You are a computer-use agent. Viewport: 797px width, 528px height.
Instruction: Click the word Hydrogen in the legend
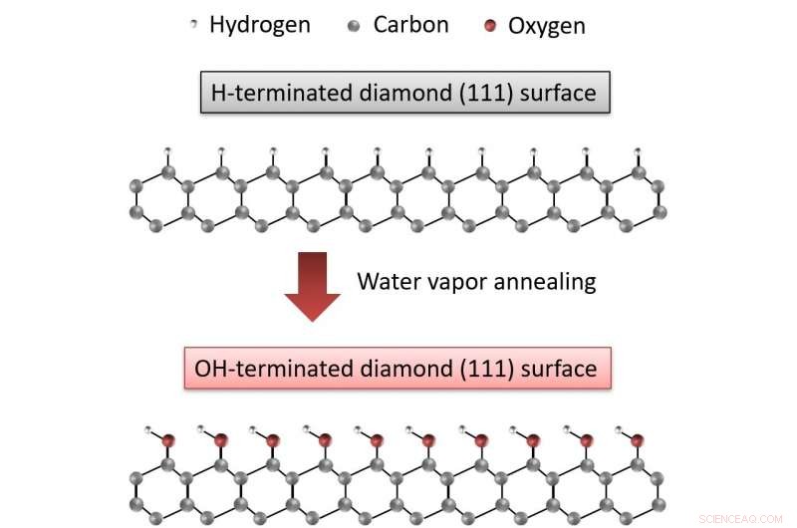click(x=259, y=25)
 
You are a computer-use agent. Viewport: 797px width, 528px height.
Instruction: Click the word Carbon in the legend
click(x=411, y=25)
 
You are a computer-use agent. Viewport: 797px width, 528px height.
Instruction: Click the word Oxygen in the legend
click(x=546, y=26)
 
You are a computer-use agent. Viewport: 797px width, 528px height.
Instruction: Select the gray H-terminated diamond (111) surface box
click(x=403, y=95)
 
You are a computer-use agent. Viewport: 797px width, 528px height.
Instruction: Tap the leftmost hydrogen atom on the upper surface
click(x=168, y=151)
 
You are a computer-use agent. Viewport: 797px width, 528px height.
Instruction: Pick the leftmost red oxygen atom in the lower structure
click(x=168, y=439)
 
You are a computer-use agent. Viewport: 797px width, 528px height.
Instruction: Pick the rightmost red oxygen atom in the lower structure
click(x=638, y=439)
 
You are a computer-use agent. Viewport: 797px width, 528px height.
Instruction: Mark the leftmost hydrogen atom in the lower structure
click(x=149, y=430)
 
